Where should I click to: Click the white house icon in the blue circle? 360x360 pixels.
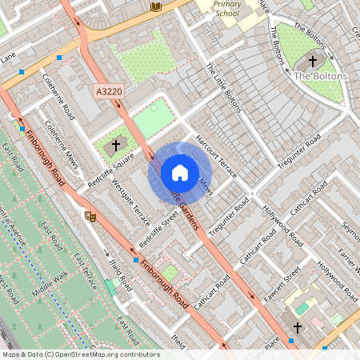pos(179,172)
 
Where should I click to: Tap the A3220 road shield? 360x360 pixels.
pos(109,93)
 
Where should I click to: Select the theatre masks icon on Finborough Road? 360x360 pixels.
pos(90,215)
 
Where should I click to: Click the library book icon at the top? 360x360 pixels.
pos(156,6)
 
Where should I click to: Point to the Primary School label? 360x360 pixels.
pos(228,9)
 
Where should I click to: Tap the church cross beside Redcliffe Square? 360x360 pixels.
pos(116,145)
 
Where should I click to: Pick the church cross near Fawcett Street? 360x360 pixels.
pos(298,328)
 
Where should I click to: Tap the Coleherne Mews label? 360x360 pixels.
pos(62,143)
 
